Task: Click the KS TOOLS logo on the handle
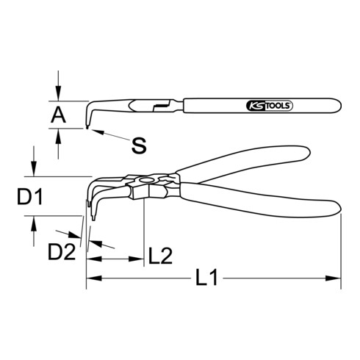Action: tap(270, 106)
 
